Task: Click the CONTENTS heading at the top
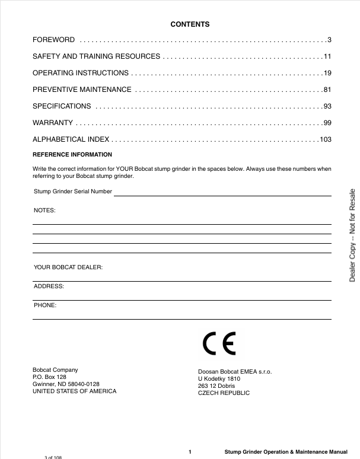(x=190, y=24)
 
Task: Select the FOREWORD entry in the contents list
(x=53, y=40)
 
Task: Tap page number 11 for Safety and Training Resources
(x=327, y=56)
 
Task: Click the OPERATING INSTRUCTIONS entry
(x=80, y=73)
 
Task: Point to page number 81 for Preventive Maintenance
(x=327, y=90)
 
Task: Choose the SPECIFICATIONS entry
(x=62, y=106)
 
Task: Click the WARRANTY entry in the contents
(x=53, y=123)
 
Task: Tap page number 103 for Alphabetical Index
(x=325, y=139)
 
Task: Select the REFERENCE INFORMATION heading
(x=72, y=155)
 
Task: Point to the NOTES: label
(x=44, y=211)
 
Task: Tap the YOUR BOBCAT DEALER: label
(x=68, y=267)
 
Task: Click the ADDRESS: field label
(x=49, y=286)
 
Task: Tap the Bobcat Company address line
(x=55, y=369)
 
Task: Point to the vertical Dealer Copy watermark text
(x=352, y=235)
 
